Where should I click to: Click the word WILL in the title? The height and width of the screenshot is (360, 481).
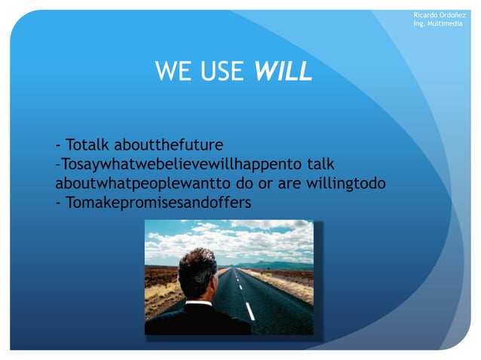pos(283,72)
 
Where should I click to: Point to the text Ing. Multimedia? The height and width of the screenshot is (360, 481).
pos(438,26)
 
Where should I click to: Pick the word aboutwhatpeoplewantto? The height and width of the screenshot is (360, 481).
pos(138,183)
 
